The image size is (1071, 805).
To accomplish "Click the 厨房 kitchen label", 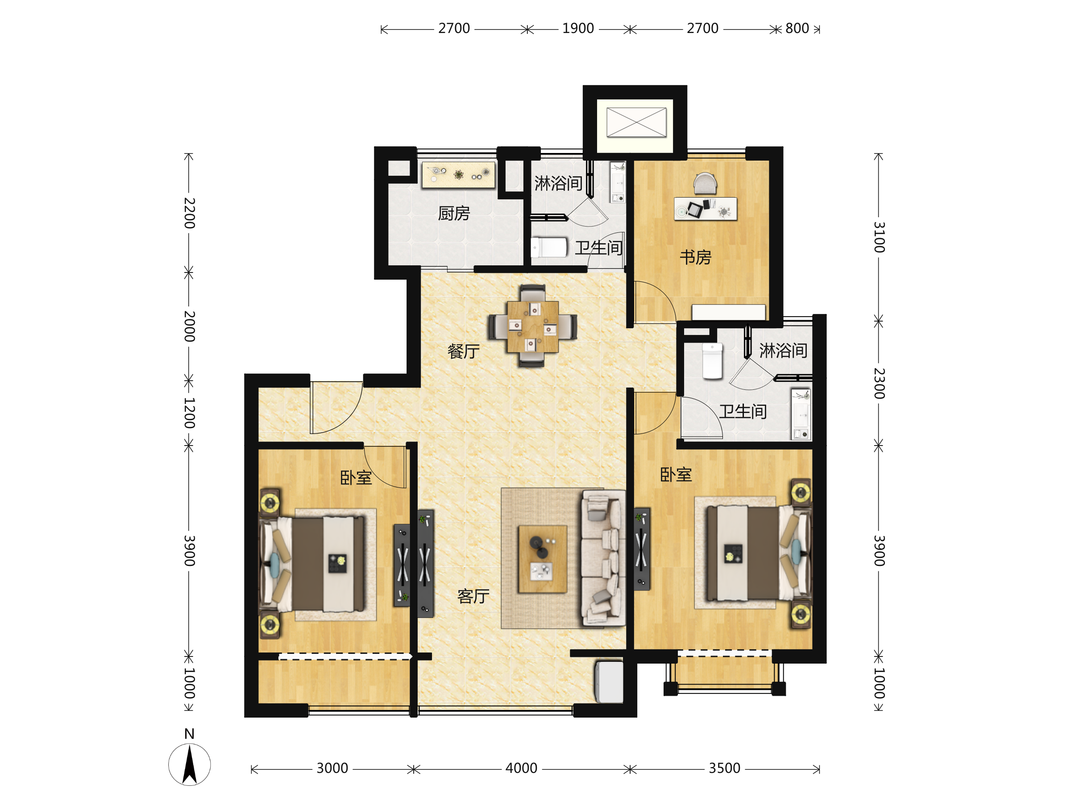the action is click(454, 213).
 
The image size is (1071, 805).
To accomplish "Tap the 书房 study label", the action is click(695, 257).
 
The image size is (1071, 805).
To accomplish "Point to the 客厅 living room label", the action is click(473, 596).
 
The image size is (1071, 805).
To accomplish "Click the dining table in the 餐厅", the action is click(532, 326).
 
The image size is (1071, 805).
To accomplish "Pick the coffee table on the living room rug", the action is click(542, 559).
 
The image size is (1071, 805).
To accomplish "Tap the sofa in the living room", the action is click(603, 558).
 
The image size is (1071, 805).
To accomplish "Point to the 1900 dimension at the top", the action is click(577, 29).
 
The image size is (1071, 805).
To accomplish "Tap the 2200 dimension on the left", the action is click(189, 213).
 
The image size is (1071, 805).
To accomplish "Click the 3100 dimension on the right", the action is click(879, 237).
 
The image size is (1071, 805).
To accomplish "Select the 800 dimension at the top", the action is click(797, 29).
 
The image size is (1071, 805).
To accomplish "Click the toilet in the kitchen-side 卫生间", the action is click(549, 247).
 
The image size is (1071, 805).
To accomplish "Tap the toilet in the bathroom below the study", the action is click(712, 361).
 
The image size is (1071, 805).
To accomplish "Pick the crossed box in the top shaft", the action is click(636, 122).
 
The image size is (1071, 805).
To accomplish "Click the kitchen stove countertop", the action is click(458, 175).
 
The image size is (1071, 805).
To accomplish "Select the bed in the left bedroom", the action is click(313, 565).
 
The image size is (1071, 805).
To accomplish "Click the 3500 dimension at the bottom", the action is click(724, 768).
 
